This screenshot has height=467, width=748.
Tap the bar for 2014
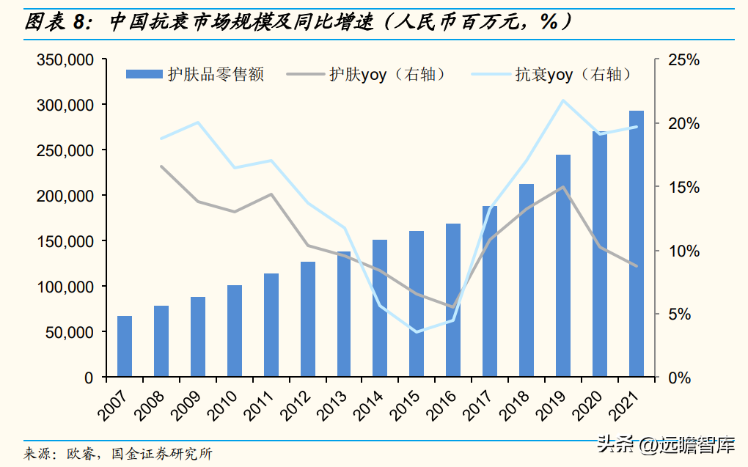coord(380,309)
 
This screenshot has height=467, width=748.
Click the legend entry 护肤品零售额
coord(194,74)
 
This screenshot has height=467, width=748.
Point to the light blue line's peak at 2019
coord(562,100)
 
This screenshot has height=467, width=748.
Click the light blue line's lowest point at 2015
coord(417,332)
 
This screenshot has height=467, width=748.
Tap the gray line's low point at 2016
coord(453,306)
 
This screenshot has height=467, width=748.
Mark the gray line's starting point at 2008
coord(161,166)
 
